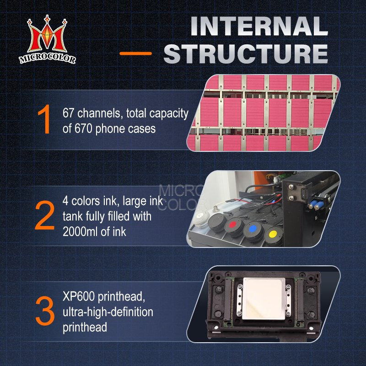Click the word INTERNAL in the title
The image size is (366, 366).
pyautogui.click(x=259, y=26)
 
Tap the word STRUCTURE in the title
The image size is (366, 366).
pyautogui.click(x=246, y=54)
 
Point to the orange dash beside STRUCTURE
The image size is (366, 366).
pyautogui.click(x=135, y=54)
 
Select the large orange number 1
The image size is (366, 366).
pyautogui.click(x=44, y=119)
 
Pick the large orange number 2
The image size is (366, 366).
pyautogui.click(x=44, y=215)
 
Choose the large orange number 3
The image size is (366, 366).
pyautogui.click(x=45, y=311)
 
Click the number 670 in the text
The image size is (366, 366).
pyautogui.click(x=83, y=129)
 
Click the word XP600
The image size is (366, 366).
pyautogui.click(x=79, y=296)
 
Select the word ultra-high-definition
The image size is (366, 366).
pyautogui.click(x=108, y=312)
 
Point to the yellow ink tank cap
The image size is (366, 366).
pyautogui.click(x=273, y=234)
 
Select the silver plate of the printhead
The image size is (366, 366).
pyautogui.click(x=264, y=299)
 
